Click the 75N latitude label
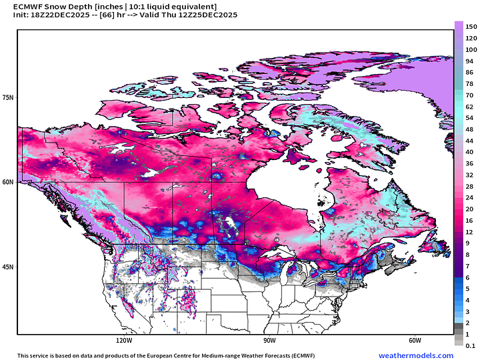[x=9, y=97]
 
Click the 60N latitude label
[x=9, y=182]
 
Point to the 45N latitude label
[x=9, y=267]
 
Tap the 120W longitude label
[x=123, y=339]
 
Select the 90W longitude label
[x=269, y=339]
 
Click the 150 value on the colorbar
[x=470, y=26]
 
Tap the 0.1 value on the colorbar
[x=470, y=345]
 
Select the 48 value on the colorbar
[x=470, y=129]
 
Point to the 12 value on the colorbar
[x=470, y=232]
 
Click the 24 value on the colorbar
[x=470, y=197]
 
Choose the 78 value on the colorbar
[x=470, y=83]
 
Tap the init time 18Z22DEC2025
[x=59, y=16]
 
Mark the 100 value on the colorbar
[x=470, y=49]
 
